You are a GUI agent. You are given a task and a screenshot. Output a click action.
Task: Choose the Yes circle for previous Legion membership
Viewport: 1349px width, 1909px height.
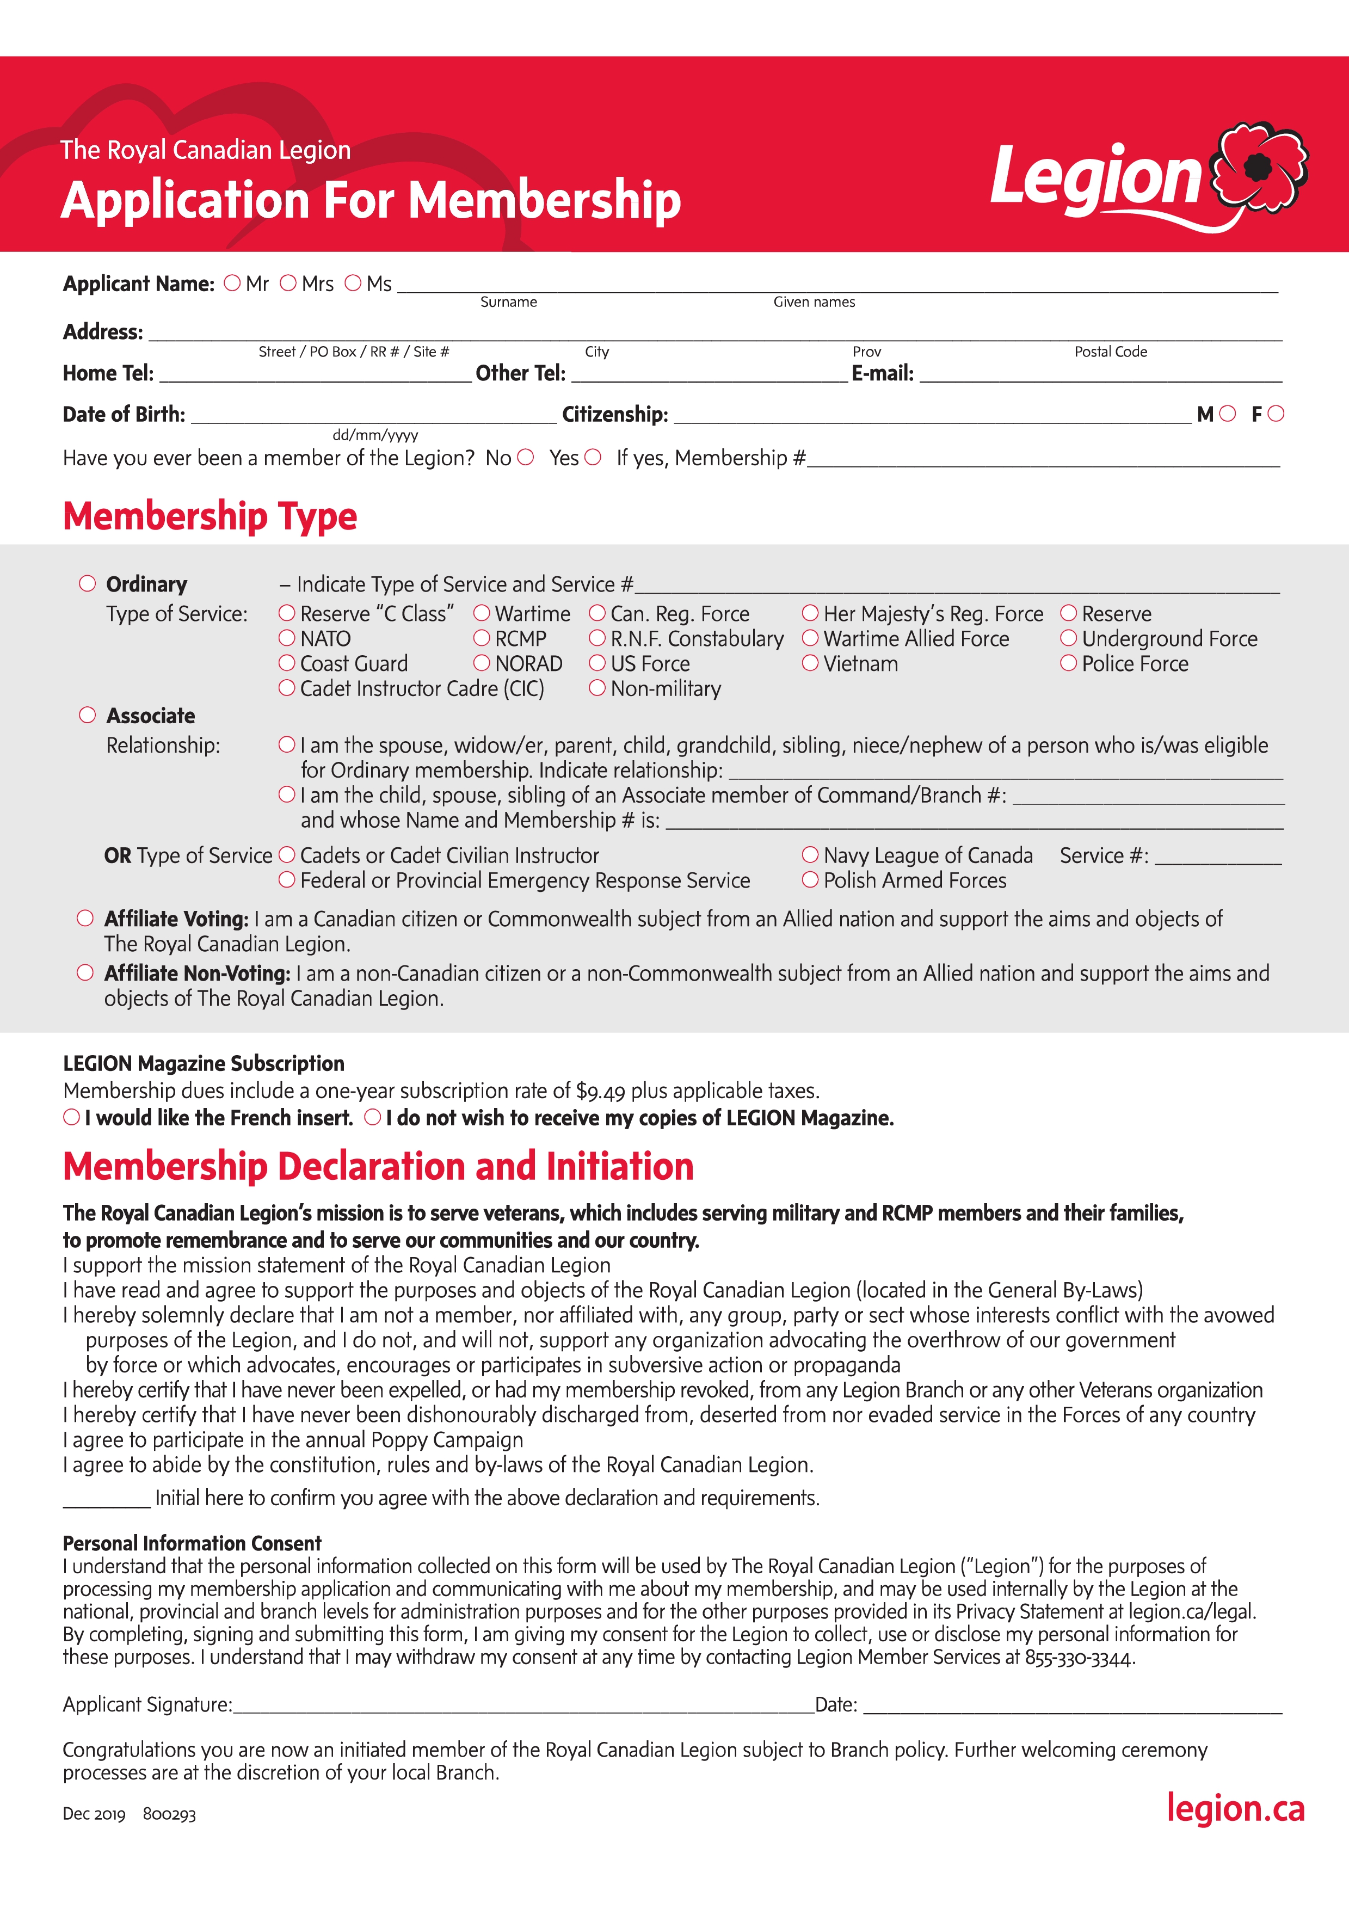pos(592,457)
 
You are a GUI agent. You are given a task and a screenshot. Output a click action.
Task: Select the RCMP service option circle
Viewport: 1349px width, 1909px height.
pos(481,638)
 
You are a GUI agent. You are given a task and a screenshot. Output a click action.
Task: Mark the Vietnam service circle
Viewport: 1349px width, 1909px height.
pos(810,663)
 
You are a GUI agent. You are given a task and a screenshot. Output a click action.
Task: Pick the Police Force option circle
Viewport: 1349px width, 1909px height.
pos(1068,663)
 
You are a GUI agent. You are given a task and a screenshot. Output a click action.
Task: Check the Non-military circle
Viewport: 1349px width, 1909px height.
pos(597,688)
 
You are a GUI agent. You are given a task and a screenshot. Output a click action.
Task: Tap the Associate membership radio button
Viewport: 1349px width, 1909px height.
pos(87,715)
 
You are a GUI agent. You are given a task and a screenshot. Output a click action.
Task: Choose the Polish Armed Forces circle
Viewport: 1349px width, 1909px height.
pos(810,879)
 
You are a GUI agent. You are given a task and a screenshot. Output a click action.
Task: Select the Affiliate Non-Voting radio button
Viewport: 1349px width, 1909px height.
pos(85,973)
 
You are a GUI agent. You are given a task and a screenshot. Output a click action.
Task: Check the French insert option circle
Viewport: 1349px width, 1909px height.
pos(72,1117)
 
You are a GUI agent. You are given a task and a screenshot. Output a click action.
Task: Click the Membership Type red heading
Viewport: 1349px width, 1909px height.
pos(210,516)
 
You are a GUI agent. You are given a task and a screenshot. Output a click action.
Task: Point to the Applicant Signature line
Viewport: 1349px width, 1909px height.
pos(523,1706)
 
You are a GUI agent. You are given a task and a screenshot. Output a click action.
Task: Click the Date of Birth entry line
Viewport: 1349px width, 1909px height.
pos(374,416)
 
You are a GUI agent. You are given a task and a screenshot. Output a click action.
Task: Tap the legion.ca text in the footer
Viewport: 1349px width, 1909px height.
pos(1235,1809)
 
